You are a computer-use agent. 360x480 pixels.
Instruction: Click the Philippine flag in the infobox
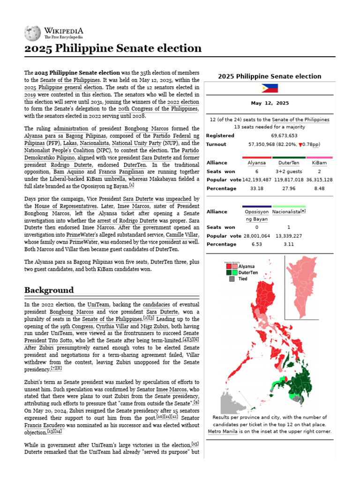tap(270, 89)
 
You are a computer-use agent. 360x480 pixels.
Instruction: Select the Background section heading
tap(49, 290)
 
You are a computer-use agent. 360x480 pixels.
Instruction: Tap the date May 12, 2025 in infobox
tap(270, 103)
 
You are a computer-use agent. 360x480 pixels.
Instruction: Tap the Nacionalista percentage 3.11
tap(288, 244)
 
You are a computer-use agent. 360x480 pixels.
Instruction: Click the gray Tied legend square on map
tap(231, 279)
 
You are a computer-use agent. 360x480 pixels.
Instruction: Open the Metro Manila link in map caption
tap(223, 431)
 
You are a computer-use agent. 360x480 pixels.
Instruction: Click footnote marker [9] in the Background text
tap(196, 403)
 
